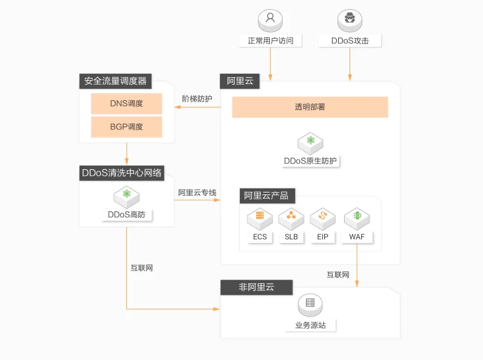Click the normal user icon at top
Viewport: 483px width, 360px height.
coord(270,19)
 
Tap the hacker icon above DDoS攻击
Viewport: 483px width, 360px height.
coord(350,19)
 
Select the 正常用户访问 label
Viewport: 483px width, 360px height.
coord(270,41)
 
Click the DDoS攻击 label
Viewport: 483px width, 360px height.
coord(350,41)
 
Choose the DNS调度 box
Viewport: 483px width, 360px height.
coord(126,103)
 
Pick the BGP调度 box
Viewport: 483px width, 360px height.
coord(126,127)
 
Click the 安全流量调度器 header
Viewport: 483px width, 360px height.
coord(115,81)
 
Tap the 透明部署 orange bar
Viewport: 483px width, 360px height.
coord(310,107)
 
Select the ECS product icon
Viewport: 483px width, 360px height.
coord(260,216)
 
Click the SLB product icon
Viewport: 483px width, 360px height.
coord(291,216)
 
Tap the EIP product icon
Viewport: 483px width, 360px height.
coord(322,216)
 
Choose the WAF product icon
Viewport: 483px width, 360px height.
coord(357,216)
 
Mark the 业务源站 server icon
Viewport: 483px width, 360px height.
coord(310,304)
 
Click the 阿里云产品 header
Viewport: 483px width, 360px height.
coord(266,196)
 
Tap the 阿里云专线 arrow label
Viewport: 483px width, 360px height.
coord(197,193)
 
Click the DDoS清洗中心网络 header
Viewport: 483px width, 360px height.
coord(122,173)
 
